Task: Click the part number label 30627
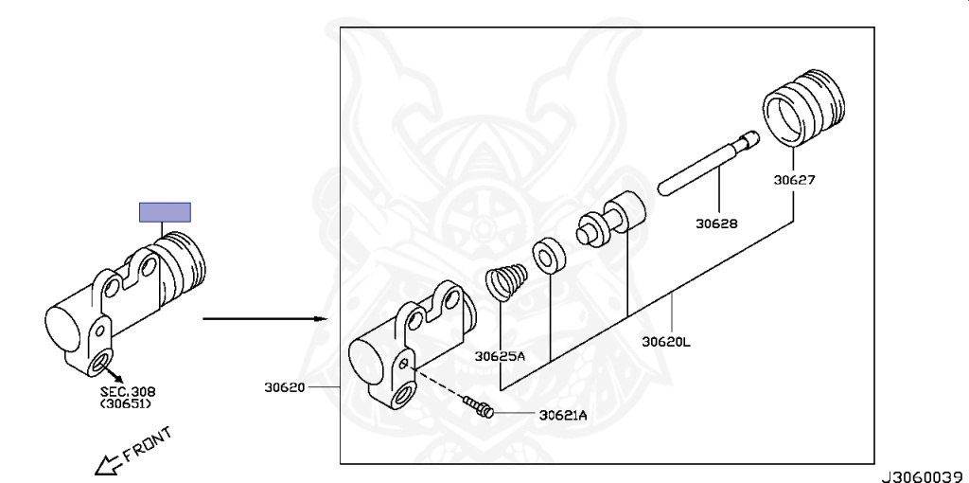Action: pos(794,181)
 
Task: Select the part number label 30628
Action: pos(717,224)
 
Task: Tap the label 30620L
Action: pos(666,341)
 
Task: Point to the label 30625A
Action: pos(500,356)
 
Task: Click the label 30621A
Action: pos(563,416)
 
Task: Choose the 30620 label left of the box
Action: pos(285,387)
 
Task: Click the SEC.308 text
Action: pos(128,391)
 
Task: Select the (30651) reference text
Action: pos(128,403)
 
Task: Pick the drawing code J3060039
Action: pos(925,476)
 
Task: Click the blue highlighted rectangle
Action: pos(165,212)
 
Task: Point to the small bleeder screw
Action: pos(479,407)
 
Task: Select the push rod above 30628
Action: pos(708,163)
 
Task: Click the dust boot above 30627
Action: pos(803,108)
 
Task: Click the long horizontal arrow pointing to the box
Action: pos(265,319)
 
